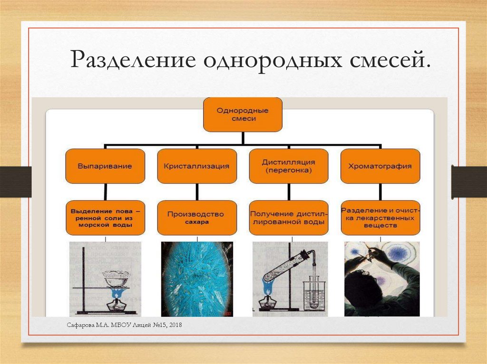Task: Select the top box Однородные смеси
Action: [x=243, y=114]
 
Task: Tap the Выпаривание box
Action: [x=105, y=166]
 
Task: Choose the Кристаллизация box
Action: [x=196, y=166]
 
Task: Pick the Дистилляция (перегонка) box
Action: [x=288, y=166]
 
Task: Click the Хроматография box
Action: [x=380, y=166]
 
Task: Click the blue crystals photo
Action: [x=197, y=279]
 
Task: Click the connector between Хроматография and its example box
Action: [x=380, y=192]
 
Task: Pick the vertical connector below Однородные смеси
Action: [x=243, y=137]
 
